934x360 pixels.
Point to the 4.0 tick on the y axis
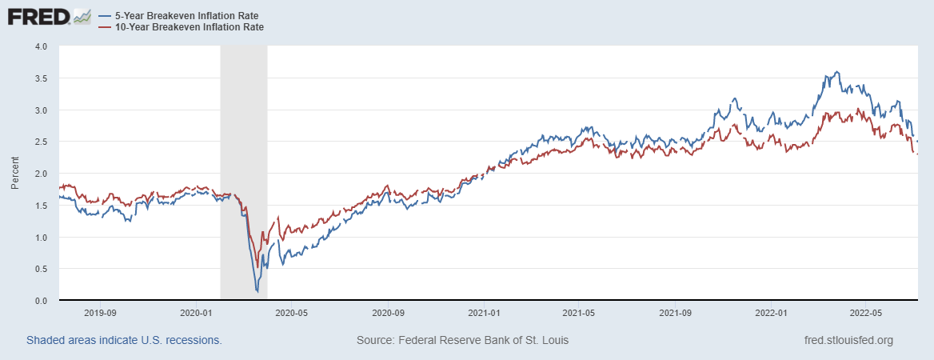click(42, 46)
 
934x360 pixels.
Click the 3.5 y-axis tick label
click(42, 78)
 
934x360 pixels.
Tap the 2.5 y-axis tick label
click(42, 142)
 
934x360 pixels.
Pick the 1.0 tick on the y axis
click(42, 238)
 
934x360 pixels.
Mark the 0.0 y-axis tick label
click(42, 301)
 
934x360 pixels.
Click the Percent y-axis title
click(16, 174)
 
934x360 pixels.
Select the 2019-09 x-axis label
click(101, 313)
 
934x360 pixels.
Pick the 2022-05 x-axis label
click(867, 313)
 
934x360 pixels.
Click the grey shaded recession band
click(243, 160)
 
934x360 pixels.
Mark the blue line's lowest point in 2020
click(257, 291)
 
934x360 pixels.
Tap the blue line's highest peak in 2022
click(837, 72)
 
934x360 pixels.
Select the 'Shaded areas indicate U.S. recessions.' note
click(124, 340)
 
